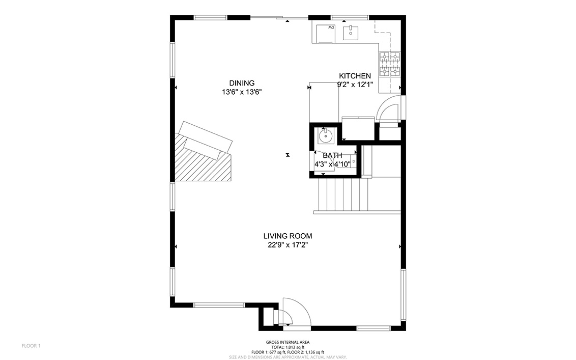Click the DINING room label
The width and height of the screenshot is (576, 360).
pyautogui.click(x=242, y=83)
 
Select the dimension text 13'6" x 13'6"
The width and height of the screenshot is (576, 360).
pyautogui.click(x=242, y=92)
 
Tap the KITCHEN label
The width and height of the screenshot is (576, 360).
pyautogui.click(x=355, y=76)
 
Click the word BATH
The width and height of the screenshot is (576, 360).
pyautogui.click(x=332, y=155)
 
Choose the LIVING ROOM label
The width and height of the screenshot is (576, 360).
pyautogui.click(x=287, y=236)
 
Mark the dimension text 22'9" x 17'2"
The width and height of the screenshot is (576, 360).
pyautogui.click(x=287, y=245)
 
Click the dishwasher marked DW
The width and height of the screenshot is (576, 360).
pyautogui.click(x=326, y=34)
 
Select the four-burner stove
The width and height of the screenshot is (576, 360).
pyautogui.click(x=389, y=64)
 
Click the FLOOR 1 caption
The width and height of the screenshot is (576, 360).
pyautogui.click(x=31, y=346)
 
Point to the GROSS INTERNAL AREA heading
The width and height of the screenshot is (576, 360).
pyautogui.click(x=287, y=342)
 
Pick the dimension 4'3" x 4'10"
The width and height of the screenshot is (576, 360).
pyautogui.click(x=332, y=164)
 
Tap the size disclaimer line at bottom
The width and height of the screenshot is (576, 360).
pyautogui.click(x=287, y=357)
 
